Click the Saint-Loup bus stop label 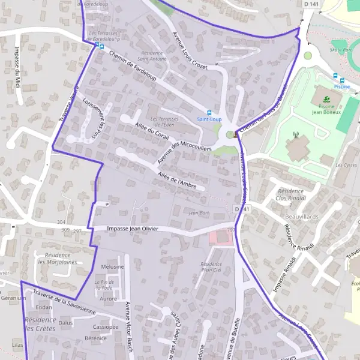click(209, 119)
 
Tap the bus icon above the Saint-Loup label click(209, 112)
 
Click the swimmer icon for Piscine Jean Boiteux click(326, 99)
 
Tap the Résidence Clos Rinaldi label click(290, 194)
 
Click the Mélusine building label click(113, 266)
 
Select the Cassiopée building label click(106, 326)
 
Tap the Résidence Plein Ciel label click(211, 267)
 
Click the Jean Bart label click(198, 212)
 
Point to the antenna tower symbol click(294, 135)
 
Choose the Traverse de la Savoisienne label click(64, 303)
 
